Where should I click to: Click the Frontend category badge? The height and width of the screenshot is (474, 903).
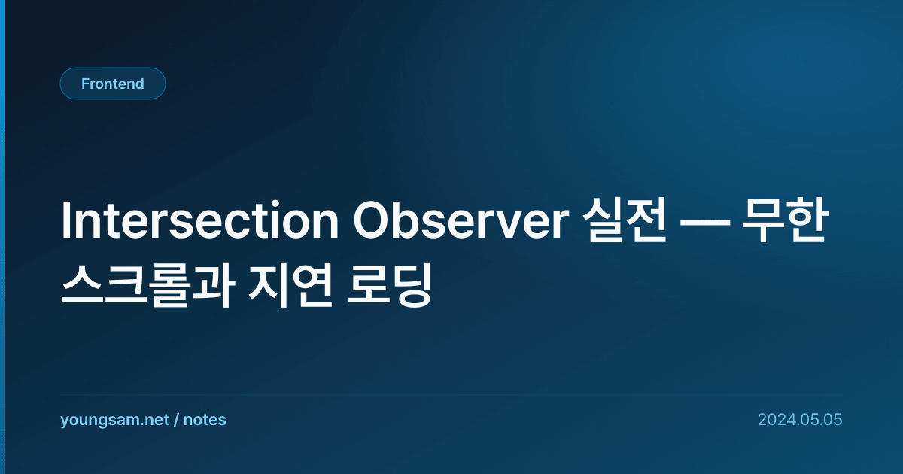(x=113, y=84)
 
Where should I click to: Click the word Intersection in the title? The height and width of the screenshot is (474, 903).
(x=199, y=220)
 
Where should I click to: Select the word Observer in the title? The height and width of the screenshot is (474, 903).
(x=461, y=220)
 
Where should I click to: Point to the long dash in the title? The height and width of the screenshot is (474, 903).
(x=704, y=222)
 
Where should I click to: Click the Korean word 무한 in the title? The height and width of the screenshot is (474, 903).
(x=785, y=220)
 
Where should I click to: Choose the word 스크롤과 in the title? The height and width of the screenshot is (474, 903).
(x=147, y=285)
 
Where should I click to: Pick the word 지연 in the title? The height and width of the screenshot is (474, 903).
(x=290, y=285)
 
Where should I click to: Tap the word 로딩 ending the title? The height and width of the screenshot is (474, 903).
(x=390, y=285)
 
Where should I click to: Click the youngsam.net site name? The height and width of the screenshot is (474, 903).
(x=114, y=420)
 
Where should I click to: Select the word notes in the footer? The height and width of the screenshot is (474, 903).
(x=205, y=420)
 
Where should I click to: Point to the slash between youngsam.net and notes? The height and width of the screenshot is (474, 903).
(x=176, y=420)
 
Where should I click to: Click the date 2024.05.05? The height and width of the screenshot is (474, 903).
(x=800, y=420)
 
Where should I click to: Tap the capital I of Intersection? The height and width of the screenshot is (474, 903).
(x=65, y=220)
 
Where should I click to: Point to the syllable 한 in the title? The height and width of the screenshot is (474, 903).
(x=807, y=220)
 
